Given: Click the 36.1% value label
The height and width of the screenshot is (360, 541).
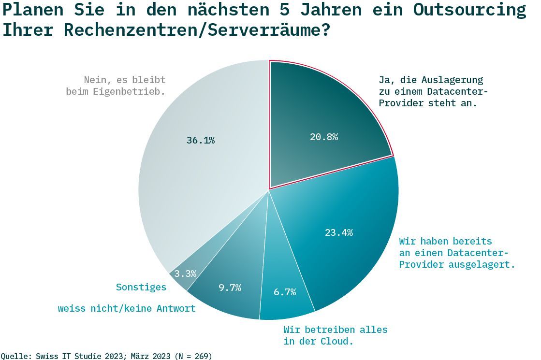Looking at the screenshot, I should point(200,140).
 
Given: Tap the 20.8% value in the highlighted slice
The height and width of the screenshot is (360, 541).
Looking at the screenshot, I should point(323,137).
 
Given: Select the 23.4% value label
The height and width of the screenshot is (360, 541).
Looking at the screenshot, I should point(338,232).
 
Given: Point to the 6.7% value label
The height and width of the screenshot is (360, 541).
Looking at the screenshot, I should point(284,292).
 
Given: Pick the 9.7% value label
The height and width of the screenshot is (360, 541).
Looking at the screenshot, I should point(230,288).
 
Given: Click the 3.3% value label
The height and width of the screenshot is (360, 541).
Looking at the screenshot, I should point(185,274).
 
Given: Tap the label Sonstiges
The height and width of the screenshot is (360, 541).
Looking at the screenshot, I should point(141,287).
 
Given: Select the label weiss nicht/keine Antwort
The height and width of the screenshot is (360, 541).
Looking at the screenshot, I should point(127,308).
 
